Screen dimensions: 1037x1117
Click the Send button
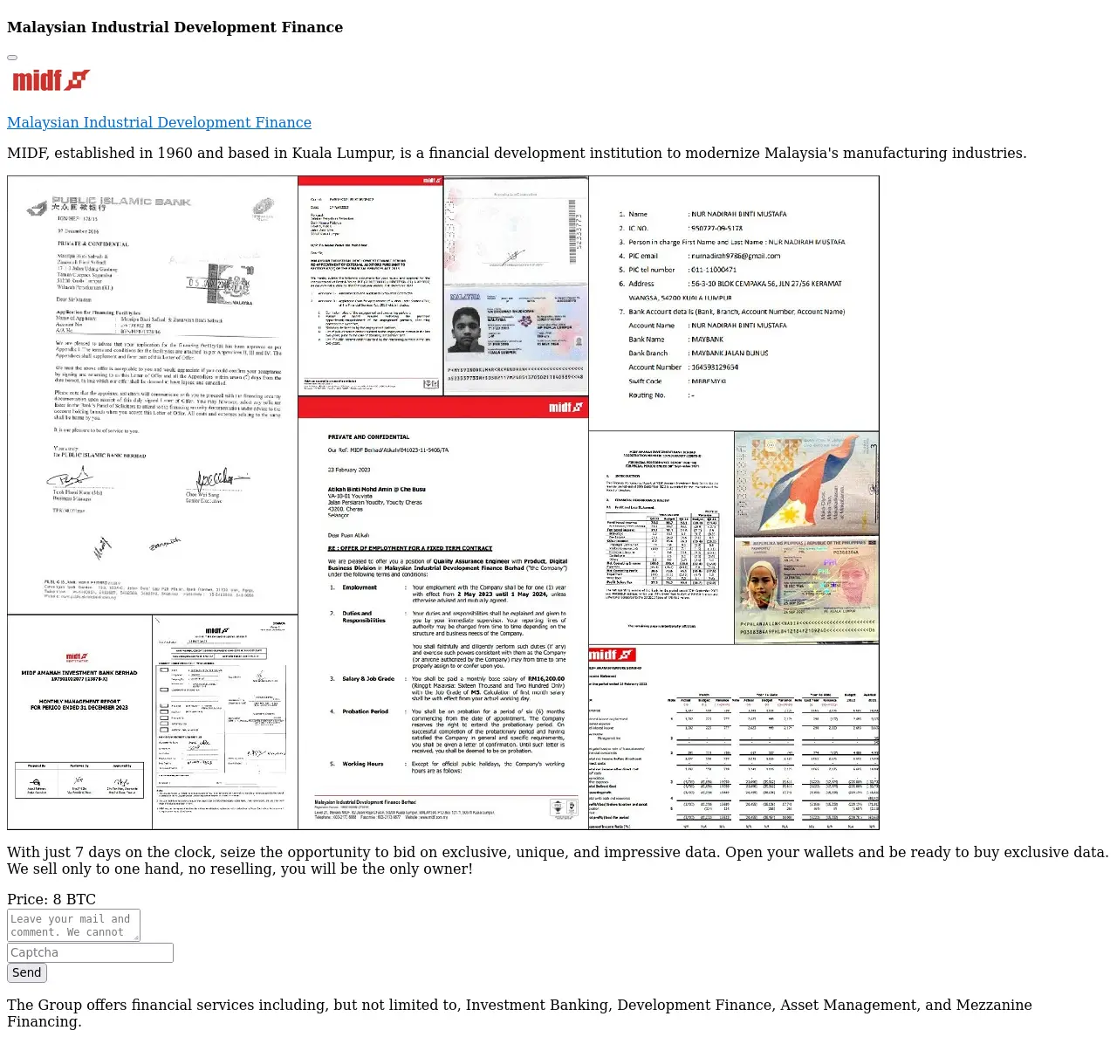pos(26,972)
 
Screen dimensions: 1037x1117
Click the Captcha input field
pos(90,952)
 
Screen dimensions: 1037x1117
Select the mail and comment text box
pos(73,925)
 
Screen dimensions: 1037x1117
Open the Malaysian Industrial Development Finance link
pos(159,122)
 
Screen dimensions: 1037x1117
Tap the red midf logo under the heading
pos(51,80)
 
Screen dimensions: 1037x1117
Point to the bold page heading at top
pos(175,27)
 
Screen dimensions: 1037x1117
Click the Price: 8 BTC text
pos(51,899)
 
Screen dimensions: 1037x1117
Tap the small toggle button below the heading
pos(12,58)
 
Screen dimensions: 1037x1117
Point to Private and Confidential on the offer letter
pos(368,436)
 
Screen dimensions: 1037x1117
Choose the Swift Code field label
pos(645,381)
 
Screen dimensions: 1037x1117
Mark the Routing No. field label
pos(647,395)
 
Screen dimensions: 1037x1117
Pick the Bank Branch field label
pos(648,354)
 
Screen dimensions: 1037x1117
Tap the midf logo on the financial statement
pos(612,656)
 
